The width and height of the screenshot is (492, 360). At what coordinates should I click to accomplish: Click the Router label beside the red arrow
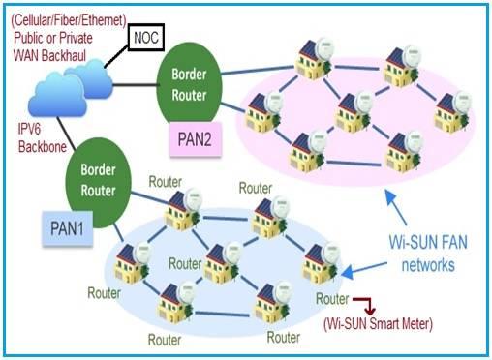tap(332, 301)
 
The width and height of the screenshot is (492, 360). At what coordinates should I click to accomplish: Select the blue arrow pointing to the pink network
tap(397, 202)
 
